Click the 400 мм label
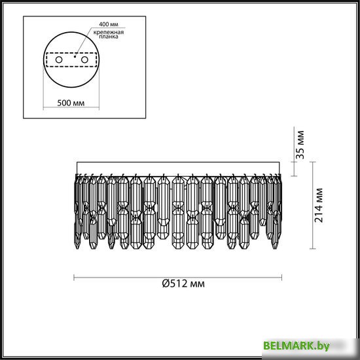click(x=109, y=24)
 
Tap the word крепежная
click(x=109, y=32)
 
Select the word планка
click(x=109, y=37)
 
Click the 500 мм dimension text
click(x=71, y=103)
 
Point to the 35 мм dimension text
click(x=300, y=145)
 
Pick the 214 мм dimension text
click(x=319, y=206)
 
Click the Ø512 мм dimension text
click(x=183, y=284)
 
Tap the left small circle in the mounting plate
click(x=59, y=60)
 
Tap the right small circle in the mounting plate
click(x=84, y=60)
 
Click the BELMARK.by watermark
click(x=297, y=346)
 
